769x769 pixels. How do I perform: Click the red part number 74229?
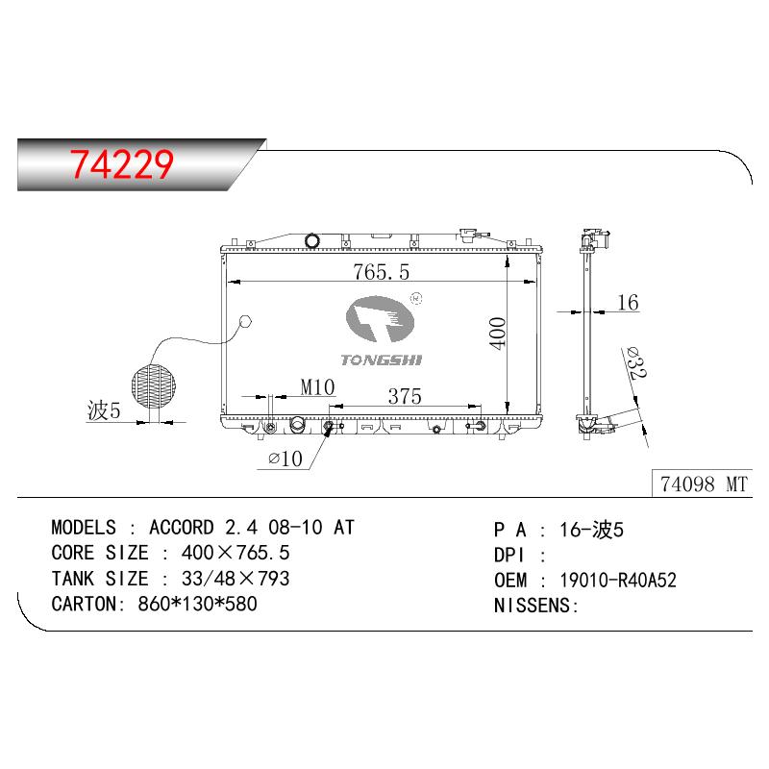pos(122,163)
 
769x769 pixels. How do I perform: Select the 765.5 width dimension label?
pos(381,272)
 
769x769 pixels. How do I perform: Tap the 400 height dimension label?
pos(497,334)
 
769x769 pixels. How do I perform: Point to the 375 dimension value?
pos(405,396)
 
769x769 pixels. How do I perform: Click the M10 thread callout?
pos(317,387)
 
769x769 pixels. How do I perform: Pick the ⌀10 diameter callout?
pos(285,459)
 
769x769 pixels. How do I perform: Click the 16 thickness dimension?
pos(628,302)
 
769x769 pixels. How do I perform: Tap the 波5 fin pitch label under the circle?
pos(104,410)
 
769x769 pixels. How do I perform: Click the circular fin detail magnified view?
pos(154,386)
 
